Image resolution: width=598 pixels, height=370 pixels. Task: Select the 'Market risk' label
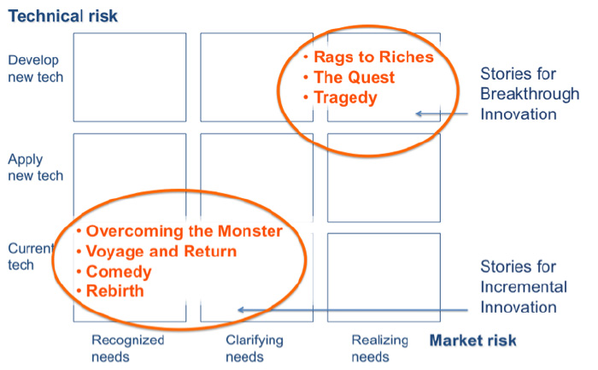click(x=472, y=341)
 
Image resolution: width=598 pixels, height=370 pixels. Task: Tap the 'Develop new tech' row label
click(x=35, y=68)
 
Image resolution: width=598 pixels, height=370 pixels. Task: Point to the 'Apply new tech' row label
click(x=35, y=167)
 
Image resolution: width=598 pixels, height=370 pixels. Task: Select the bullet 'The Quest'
click(x=354, y=77)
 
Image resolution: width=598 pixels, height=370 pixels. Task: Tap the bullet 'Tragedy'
click(x=345, y=97)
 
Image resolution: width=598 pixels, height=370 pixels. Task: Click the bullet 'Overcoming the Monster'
click(x=184, y=232)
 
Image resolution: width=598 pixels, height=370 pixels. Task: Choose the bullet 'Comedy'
click(x=119, y=272)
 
